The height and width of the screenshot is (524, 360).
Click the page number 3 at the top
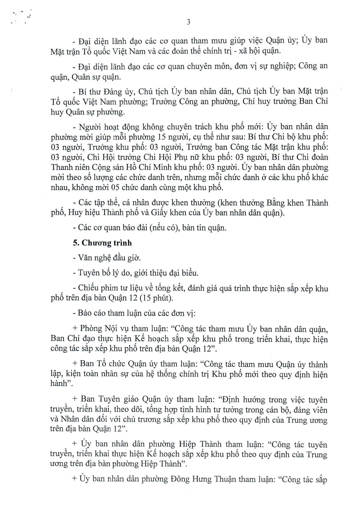[x=188, y=22]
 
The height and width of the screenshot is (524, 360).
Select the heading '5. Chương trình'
[x=102, y=243]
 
